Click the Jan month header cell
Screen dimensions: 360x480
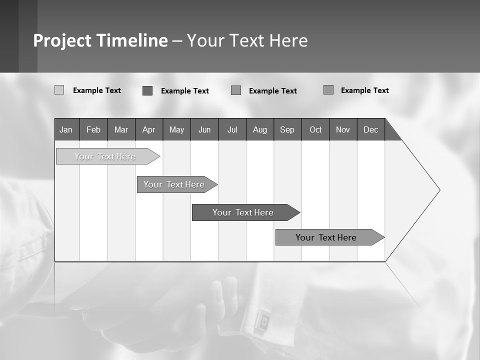pyautogui.click(x=66, y=129)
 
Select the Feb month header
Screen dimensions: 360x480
pyautogui.click(x=93, y=129)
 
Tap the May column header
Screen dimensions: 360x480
pyautogui.click(x=176, y=129)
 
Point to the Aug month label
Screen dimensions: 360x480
pyautogui.click(x=259, y=129)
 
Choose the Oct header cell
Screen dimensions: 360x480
pyautogui.click(x=315, y=129)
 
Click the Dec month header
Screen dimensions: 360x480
pyautogui.click(x=370, y=129)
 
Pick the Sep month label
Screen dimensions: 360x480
pyautogui.click(x=287, y=129)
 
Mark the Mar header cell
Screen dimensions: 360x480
pyautogui.click(x=121, y=129)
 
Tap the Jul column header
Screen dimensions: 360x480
pyautogui.click(x=232, y=129)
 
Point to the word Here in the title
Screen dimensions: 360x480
pyautogui.click(x=288, y=40)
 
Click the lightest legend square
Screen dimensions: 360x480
pyautogui.click(x=59, y=90)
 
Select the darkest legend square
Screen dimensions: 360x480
pyautogui.click(x=147, y=90)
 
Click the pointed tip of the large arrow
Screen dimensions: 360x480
pyautogui.click(x=439, y=190)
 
